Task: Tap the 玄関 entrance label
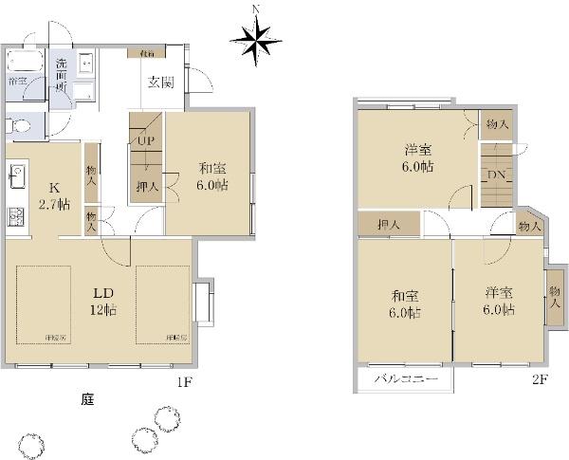click(x=159, y=82)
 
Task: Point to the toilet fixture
click(x=19, y=123)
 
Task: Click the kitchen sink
click(x=16, y=175)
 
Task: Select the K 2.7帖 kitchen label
click(x=53, y=195)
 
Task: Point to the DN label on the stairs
click(x=497, y=175)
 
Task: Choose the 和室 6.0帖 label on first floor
click(x=212, y=176)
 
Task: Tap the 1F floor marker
click(x=185, y=382)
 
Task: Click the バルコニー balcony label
click(x=405, y=378)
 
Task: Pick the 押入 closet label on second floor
click(x=389, y=224)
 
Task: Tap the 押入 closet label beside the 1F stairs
click(x=147, y=186)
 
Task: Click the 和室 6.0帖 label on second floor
click(x=403, y=303)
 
